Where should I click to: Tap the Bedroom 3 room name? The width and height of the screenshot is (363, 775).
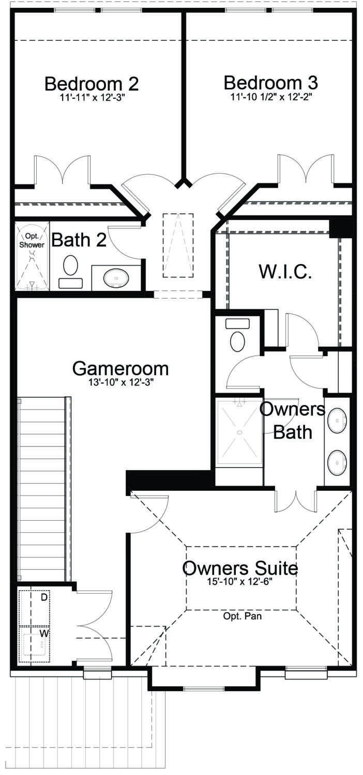(x=270, y=82)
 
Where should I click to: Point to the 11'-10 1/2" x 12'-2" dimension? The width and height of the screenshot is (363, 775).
(x=270, y=97)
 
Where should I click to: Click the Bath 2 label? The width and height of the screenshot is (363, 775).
(x=79, y=240)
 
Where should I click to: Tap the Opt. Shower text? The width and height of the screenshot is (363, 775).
(x=32, y=241)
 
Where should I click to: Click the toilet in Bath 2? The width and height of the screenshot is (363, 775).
(x=70, y=267)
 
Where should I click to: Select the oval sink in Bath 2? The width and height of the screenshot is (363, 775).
(x=115, y=278)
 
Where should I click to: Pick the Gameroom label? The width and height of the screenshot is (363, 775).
(x=120, y=368)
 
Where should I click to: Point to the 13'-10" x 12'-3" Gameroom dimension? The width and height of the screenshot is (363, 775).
(x=120, y=383)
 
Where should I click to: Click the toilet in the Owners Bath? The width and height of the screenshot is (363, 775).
(x=238, y=341)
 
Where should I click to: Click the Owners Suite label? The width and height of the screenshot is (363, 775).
(x=240, y=568)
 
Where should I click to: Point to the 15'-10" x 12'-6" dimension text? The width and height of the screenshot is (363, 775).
(x=240, y=581)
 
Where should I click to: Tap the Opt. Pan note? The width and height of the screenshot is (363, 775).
(x=240, y=616)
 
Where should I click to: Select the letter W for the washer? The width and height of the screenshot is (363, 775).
(x=44, y=632)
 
